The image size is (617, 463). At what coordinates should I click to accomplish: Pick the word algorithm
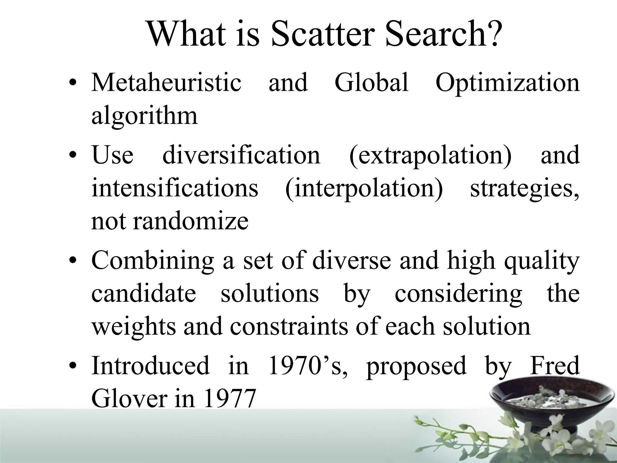click(144, 116)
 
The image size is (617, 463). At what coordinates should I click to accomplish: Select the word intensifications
click(175, 188)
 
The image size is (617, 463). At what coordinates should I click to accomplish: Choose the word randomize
click(191, 221)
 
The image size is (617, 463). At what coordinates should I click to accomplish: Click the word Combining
click(153, 261)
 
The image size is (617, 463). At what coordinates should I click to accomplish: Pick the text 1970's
click(307, 365)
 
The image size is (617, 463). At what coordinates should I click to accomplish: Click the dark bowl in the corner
click(551, 401)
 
